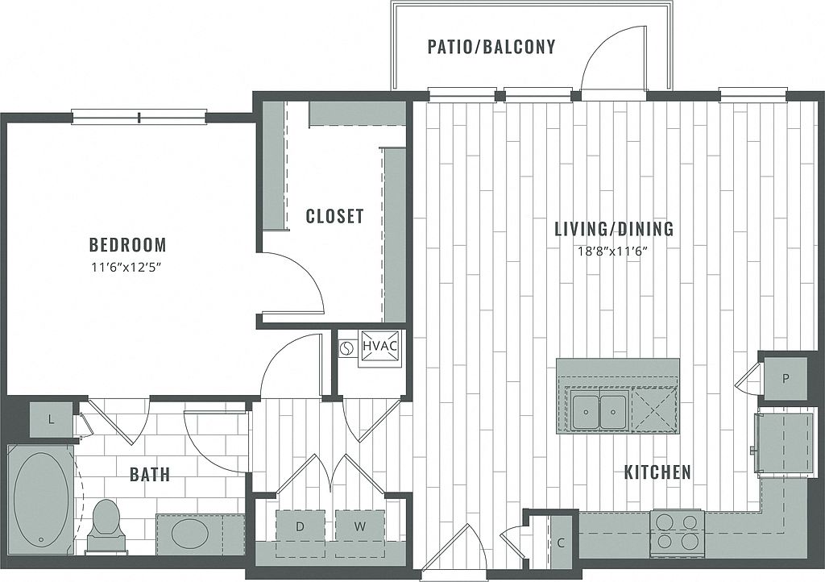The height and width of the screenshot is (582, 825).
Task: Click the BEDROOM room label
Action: tap(127, 244)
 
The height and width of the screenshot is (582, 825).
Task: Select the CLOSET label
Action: tap(334, 216)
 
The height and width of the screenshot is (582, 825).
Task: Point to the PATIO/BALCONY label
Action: tap(491, 47)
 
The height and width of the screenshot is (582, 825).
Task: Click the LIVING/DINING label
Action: tap(614, 229)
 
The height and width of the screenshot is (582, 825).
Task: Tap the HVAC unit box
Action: tap(379, 347)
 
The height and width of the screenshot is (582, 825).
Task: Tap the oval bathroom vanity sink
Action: tap(190, 534)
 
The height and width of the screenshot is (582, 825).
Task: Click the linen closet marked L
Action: tap(51, 418)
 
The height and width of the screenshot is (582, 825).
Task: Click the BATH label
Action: tap(150, 474)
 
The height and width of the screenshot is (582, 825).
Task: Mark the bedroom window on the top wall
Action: tap(139, 117)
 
